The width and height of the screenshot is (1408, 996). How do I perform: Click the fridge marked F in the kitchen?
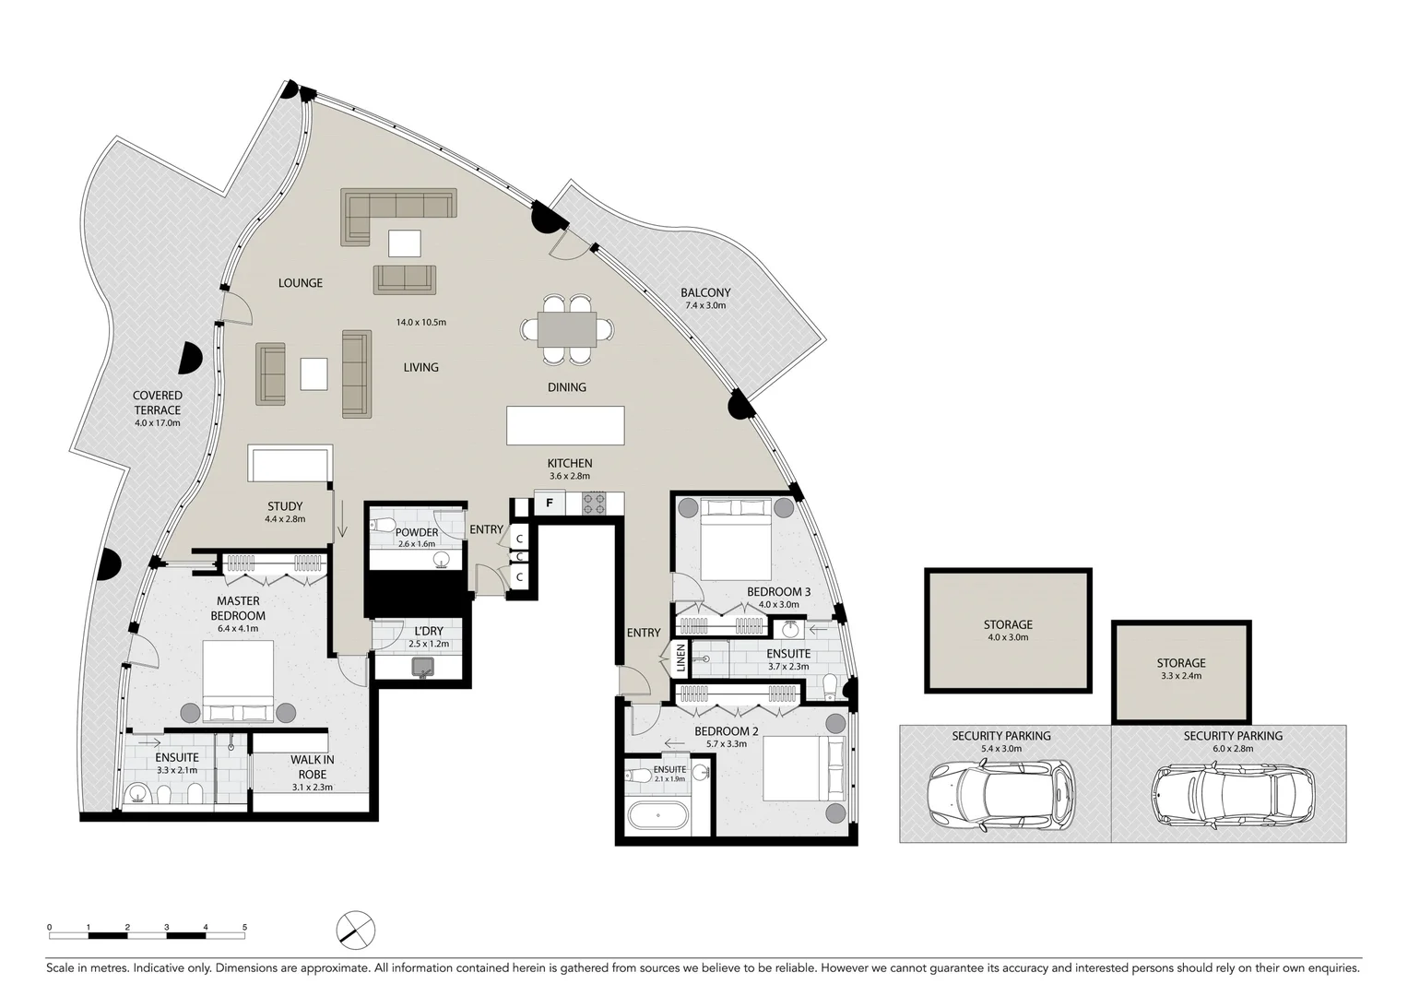coord(550,503)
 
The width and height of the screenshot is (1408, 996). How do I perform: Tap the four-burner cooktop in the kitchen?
coord(594,504)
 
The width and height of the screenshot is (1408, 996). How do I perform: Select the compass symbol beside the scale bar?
coord(356,929)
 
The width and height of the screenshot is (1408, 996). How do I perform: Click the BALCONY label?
coord(705,292)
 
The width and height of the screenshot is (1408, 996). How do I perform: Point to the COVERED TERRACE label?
coord(158,403)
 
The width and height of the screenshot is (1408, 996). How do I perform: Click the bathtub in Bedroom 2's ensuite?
coord(657,816)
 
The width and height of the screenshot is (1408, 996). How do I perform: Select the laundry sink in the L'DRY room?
coord(424,667)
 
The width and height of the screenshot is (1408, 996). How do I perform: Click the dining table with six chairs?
coord(567,329)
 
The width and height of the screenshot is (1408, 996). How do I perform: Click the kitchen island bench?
coord(565,425)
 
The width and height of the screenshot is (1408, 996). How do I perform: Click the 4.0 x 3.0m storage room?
coord(1008,631)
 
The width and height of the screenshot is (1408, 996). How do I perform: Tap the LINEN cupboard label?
coord(681,658)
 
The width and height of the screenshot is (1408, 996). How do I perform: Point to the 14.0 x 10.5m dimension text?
coord(421,323)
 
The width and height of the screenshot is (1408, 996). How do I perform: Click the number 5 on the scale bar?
coord(244,927)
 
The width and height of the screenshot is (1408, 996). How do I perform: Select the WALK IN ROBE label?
coord(313,766)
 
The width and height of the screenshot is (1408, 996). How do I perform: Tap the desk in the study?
coord(290,463)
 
